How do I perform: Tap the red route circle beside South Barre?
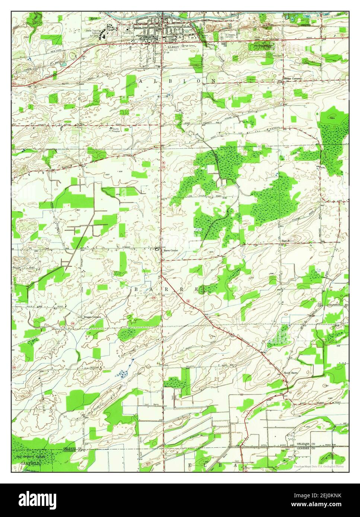[284, 381]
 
